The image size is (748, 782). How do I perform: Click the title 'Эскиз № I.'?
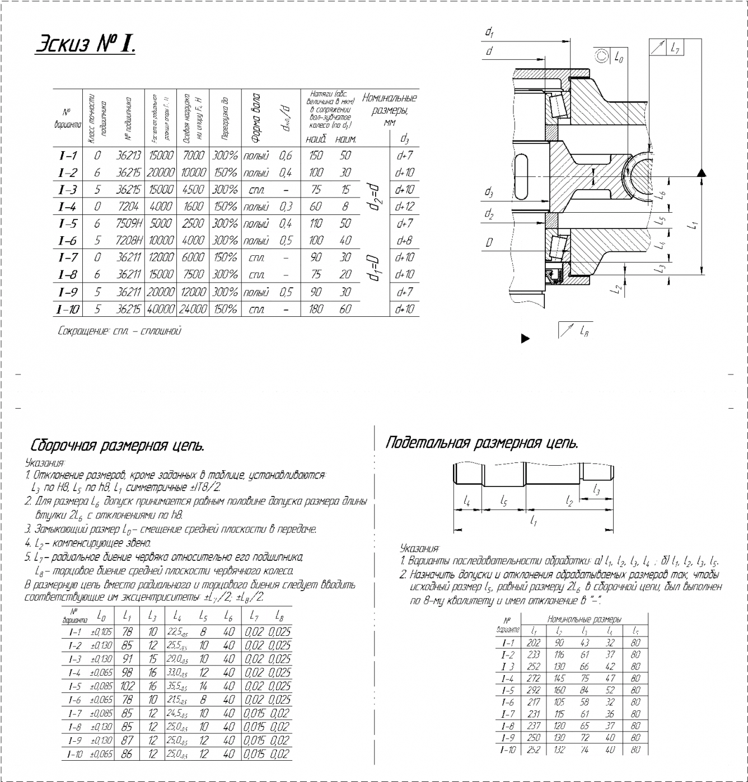pyautogui.click(x=85, y=44)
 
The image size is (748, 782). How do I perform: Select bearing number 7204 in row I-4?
pyautogui.click(x=128, y=207)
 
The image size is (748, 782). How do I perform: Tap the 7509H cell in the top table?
pyautogui.click(x=129, y=223)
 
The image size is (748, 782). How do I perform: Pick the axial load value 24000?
pyautogui.click(x=193, y=309)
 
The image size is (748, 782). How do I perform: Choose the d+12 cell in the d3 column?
pyautogui.click(x=404, y=207)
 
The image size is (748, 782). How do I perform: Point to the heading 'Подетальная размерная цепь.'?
pyautogui.click(x=481, y=443)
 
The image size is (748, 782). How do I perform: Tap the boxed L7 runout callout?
pyautogui.click(x=674, y=48)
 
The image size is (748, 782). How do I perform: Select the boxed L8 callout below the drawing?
pyautogui.click(x=576, y=331)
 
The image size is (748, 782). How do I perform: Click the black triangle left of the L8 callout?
pyautogui.click(x=525, y=338)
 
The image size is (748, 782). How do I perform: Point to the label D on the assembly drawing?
pyautogui.click(x=489, y=242)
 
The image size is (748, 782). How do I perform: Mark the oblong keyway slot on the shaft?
pyautogui.click(x=521, y=177)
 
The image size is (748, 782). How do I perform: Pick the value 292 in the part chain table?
pyautogui.click(x=534, y=690)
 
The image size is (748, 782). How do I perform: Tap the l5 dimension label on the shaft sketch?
pyautogui.click(x=504, y=500)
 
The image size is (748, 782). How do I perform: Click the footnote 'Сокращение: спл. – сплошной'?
pyautogui.click(x=119, y=331)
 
